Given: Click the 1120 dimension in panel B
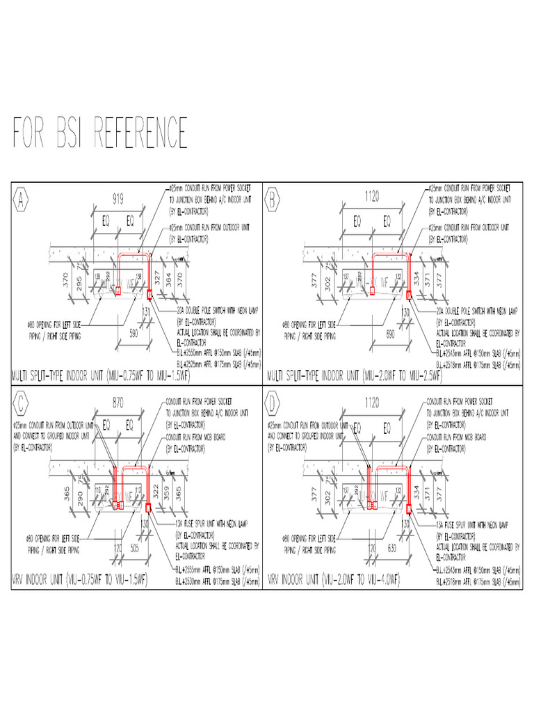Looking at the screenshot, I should point(372,197).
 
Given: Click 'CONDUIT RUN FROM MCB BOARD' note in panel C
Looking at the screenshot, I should point(209,439).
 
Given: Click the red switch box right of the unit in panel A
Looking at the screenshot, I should point(149,295).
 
